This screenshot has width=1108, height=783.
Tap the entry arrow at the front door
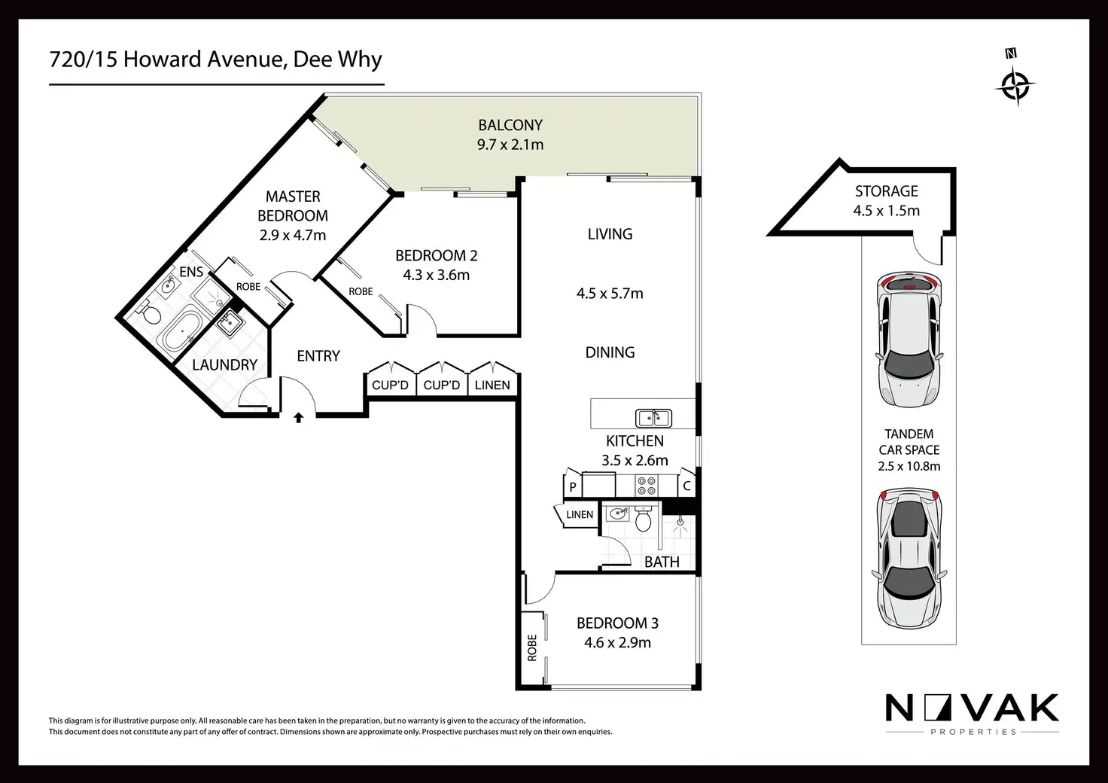(x=299, y=416)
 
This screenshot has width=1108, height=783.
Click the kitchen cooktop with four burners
(x=647, y=485)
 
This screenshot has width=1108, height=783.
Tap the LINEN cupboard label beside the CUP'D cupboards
(x=492, y=385)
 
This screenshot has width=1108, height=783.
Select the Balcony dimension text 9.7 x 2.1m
(x=510, y=145)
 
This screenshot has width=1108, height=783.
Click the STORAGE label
(x=886, y=191)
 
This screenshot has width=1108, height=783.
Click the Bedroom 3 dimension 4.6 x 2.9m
(x=617, y=642)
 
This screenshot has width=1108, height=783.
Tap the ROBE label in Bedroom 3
(x=532, y=647)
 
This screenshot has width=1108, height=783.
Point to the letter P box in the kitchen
(x=573, y=487)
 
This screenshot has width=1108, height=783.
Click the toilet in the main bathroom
(x=644, y=520)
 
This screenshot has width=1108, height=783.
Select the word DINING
(x=610, y=352)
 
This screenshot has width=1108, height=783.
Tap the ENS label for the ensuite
(x=191, y=272)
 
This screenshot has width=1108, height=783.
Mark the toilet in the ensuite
(x=148, y=312)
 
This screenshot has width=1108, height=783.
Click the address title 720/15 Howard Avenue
(x=215, y=59)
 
